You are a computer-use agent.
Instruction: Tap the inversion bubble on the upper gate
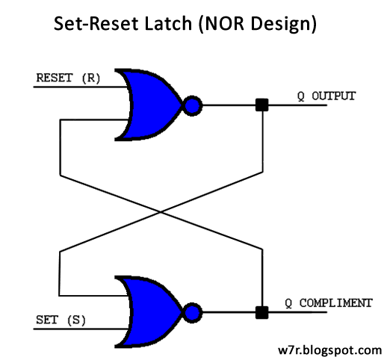coord(192,105)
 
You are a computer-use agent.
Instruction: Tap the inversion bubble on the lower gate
coord(192,311)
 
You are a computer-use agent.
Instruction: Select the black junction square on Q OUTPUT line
coord(261,105)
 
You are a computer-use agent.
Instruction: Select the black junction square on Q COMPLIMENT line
coord(261,311)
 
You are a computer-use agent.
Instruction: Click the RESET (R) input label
coord(68,77)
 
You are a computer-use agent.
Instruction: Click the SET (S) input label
coord(60,320)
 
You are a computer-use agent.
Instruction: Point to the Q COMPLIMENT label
coord(328,303)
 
